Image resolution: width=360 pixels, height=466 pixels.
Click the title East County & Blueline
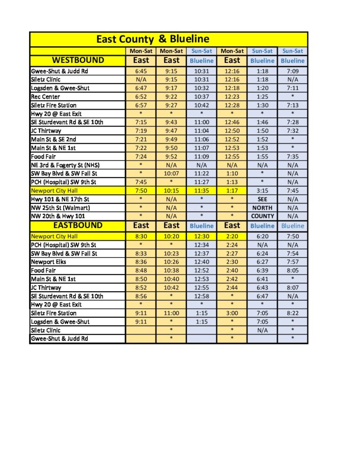point(152,39)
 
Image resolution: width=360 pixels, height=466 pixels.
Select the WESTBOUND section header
point(78,60)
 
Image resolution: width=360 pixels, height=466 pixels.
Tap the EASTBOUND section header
point(78,225)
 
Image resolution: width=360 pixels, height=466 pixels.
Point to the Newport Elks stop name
point(49,262)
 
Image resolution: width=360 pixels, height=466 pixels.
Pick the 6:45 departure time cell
point(141,71)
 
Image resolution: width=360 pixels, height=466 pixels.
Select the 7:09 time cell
point(292,71)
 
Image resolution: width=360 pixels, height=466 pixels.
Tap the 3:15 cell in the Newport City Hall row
point(263,191)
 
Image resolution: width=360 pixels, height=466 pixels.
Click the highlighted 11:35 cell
point(201,191)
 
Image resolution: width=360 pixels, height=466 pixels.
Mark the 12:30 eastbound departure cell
point(201,236)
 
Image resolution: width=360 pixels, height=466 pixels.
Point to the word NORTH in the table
point(263,208)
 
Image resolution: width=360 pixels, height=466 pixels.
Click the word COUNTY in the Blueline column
point(263,216)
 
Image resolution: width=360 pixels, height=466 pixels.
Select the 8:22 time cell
point(292,313)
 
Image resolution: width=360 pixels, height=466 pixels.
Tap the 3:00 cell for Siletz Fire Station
point(232,313)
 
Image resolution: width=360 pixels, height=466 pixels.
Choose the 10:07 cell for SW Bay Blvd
point(171,173)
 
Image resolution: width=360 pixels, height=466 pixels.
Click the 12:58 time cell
point(201,296)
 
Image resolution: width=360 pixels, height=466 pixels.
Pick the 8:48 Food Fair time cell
point(141,270)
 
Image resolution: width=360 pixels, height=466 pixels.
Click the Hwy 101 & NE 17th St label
point(60,199)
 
